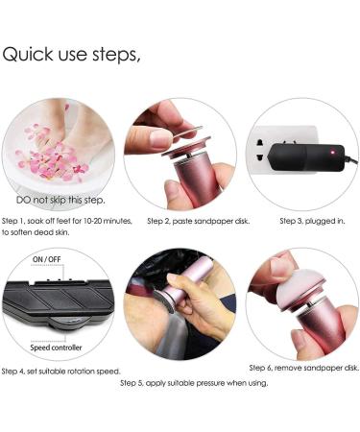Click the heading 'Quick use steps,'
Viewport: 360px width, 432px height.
(x=71, y=54)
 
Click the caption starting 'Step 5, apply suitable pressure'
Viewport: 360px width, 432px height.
(x=193, y=382)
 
